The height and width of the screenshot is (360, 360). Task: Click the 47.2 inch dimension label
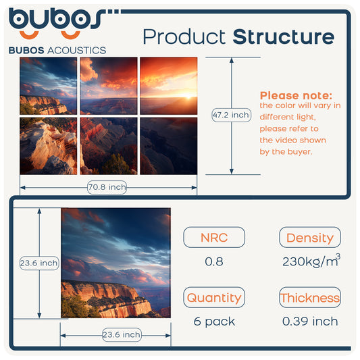(x=231, y=115)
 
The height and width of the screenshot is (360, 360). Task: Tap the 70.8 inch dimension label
(x=107, y=187)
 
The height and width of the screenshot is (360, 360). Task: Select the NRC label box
(x=214, y=237)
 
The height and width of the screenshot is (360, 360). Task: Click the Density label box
(x=310, y=237)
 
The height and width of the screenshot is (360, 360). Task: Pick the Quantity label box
(x=214, y=297)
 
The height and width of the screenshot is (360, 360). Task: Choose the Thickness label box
(x=310, y=297)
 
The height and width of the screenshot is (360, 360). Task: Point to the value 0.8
(x=214, y=261)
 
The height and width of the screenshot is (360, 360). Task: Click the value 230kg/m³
(x=311, y=260)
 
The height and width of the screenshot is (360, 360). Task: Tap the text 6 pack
(x=214, y=322)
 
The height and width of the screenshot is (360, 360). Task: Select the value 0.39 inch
(x=310, y=322)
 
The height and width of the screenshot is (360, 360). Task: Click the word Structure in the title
(x=284, y=36)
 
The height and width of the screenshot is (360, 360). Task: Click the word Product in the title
(x=184, y=36)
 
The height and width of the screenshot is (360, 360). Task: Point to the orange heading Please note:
(x=296, y=95)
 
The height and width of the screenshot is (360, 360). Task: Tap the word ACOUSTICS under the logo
(x=77, y=50)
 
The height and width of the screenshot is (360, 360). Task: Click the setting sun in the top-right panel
(x=188, y=96)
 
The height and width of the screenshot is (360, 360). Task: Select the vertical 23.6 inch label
(x=39, y=263)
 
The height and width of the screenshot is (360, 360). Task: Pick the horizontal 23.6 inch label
(x=122, y=334)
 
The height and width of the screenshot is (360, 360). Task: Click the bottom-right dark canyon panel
(x=169, y=146)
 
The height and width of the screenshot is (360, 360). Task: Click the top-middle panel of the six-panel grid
(x=109, y=86)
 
